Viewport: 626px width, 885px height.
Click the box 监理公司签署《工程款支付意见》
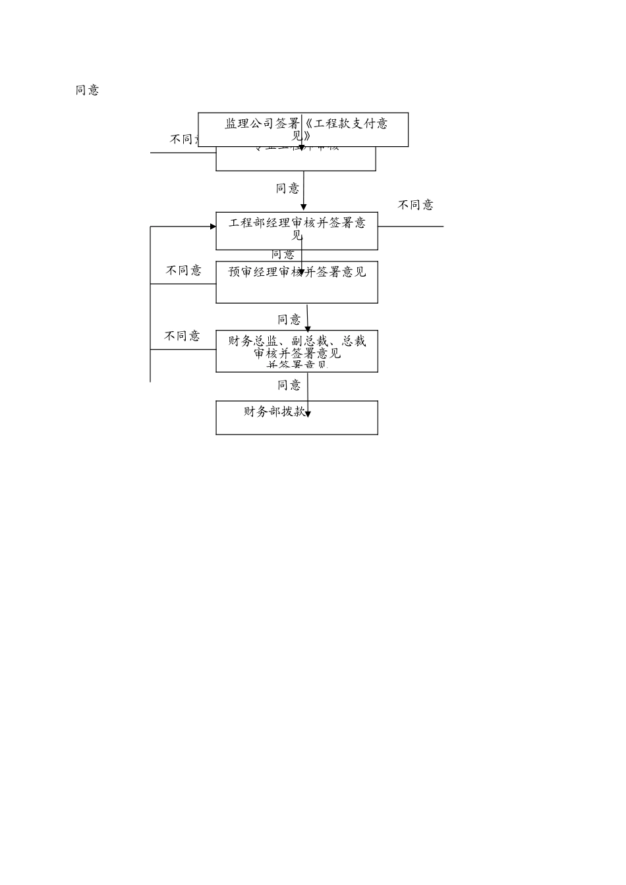pyautogui.click(x=303, y=130)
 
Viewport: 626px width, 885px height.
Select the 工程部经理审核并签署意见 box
pyautogui.click(x=297, y=231)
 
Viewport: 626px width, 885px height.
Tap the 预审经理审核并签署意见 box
pyautogui.click(x=297, y=282)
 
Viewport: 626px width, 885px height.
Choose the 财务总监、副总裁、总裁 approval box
pyautogui.click(x=297, y=351)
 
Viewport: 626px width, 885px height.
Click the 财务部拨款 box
pyautogui.click(x=297, y=417)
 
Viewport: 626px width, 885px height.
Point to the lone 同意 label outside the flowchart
pyautogui.click(x=87, y=90)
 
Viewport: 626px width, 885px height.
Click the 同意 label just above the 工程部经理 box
pyautogui.click(x=287, y=188)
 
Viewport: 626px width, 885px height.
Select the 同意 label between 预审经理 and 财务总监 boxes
pyautogui.click(x=289, y=319)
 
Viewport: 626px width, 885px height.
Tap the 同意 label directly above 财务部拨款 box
pyautogui.click(x=289, y=385)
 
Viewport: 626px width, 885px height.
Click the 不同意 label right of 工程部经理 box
pyautogui.click(x=415, y=205)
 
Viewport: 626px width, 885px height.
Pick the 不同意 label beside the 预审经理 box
pyautogui.click(x=183, y=271)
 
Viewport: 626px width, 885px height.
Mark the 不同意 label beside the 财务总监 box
pyautogui.click(x=182, y=336)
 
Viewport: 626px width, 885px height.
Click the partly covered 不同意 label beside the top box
pyautogui.click(x=184, y=140)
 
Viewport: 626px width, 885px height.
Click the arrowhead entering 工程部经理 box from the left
pyautogui.click(x=213, y=227)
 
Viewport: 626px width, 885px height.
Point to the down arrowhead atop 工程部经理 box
pyautogui.click(x=304, y=207)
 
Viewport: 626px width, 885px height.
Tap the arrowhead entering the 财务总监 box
pyautogui.click(x=308, y=327)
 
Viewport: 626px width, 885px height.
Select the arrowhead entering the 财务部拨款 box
pyautogui.click(x=308, y=414)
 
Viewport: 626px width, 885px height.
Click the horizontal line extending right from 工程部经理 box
pyautogui.click(x=411, y=227)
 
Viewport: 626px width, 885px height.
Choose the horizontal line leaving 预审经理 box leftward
pyautogui.click(x=183, y=284)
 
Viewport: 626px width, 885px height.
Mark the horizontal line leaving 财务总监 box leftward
pyautogui.click(x=183, y=350)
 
